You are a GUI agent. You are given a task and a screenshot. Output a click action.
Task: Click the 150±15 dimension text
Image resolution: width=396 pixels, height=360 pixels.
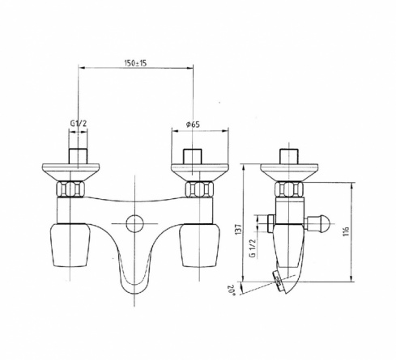click(x=135, y=63)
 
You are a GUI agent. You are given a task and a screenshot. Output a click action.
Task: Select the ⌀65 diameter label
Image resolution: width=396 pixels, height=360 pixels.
click(x=193, y=125)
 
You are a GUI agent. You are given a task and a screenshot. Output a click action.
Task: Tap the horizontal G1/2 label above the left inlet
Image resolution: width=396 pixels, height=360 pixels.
click(x=79, y=124)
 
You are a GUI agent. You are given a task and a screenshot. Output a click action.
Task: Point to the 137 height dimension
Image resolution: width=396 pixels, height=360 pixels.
click(x=238, y=229)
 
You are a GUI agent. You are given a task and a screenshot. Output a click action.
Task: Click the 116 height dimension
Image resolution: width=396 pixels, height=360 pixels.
click(x=346, y=231)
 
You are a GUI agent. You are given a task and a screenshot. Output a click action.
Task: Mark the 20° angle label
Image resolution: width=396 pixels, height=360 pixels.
click(x=231, y=290)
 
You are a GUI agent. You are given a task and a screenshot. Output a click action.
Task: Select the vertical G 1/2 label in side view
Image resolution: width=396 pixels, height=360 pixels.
click(x=253, y=248)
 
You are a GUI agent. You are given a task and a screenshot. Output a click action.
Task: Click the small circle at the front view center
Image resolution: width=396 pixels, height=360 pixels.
click(x=134, y=223)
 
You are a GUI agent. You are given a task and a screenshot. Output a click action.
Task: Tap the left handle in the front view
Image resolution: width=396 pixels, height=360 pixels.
click(x=70, y=245)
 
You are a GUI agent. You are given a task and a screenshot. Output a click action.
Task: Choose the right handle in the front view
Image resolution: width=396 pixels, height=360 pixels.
click(x=200, y=245)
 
